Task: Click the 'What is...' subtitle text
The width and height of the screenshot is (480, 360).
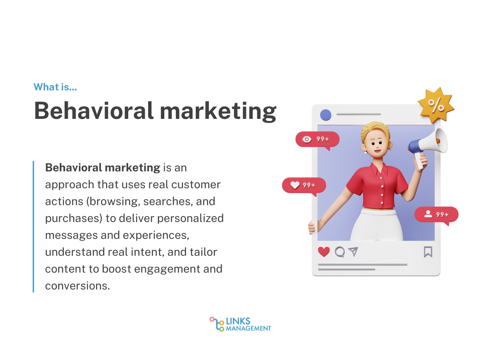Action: (x=55, y=87)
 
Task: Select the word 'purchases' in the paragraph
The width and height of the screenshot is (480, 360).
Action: (x=73, y=218)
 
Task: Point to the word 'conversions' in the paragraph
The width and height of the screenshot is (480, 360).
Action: (x=77, y=286)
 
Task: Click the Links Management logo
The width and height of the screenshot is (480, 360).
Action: (x=240, y=324)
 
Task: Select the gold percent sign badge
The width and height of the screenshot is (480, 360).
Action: (x=436, y=106)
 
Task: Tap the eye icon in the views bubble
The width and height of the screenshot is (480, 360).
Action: (x=307, y=139)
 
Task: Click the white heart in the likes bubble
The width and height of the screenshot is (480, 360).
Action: (x=295, y=185)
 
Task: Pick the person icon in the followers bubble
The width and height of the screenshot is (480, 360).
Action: (x=428, y=214)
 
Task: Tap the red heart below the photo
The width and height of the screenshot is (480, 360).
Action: (x=324, y=252)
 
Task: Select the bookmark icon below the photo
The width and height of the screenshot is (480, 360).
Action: (x=428, y=252)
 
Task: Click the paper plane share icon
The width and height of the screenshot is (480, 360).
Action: (x=353, y=252)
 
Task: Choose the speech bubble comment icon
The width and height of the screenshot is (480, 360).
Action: (x=340, y=252)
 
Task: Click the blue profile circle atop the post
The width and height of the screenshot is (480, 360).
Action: (x=325, y=115)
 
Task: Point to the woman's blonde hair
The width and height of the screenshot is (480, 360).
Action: (x=375, y=129)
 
